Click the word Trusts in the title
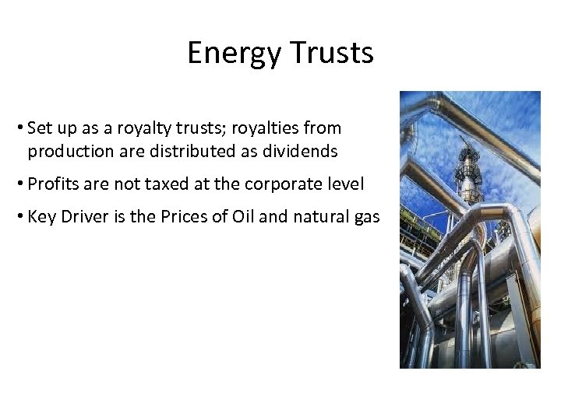point(332,53)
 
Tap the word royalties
point(269,128)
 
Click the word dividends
point(303,151)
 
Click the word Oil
point(243,217)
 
